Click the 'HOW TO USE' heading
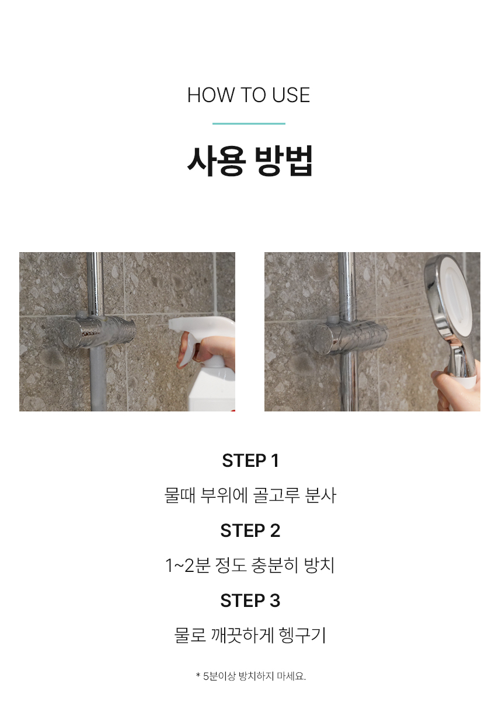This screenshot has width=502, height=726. [249, 95]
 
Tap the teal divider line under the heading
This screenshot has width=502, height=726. [249, 124]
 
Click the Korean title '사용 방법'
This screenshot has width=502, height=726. [250, 161]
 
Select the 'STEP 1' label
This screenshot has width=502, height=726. [250, 460]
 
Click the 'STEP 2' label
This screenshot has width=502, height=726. [250, 530]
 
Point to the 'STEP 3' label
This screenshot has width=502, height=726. [250, 601]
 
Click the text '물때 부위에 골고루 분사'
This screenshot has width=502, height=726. [250, 495]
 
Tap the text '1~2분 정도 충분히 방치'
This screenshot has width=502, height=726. [250, 566]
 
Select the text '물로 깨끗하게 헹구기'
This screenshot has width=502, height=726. [250, 635]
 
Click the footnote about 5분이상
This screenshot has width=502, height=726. [251, 676]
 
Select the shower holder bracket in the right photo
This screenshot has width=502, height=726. [350, 336]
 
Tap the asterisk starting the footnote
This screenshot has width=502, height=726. [198, 675]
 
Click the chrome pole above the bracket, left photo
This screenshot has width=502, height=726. [95, 282]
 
